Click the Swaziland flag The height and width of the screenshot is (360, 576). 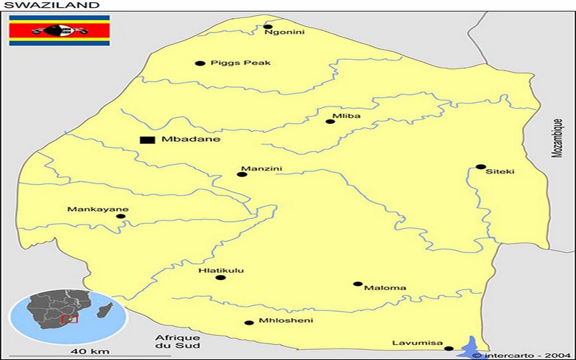tap(59, 31)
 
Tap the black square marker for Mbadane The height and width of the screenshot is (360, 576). tap(148, 139)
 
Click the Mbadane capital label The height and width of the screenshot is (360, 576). tap(191, 139)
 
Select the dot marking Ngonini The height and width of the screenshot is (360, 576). tap(268, 27)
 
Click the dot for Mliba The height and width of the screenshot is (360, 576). tap(330, 121)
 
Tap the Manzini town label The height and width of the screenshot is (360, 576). tap(261, 169)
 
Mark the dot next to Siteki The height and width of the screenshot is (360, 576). tap(480, 166)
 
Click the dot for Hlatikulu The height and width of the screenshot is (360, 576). tap(220, 277)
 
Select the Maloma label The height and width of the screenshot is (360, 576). tap(385, 288)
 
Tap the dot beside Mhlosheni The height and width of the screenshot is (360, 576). tap(249, 323)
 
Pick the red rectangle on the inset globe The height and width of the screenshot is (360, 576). tap(69, 318)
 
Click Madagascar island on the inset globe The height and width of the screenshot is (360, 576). tap(107, 312)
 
